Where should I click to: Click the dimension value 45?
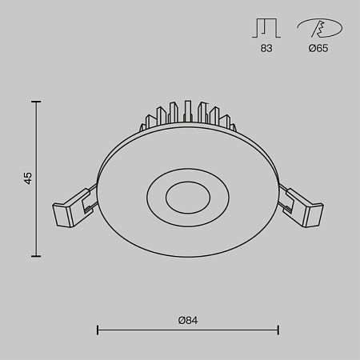[28, 178]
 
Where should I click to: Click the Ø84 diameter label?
[187, 320]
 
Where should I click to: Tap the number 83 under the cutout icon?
[266, 49]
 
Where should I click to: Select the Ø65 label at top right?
[318, 49]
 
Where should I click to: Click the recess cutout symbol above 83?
[266, 28]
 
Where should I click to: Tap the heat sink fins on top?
[187, 115]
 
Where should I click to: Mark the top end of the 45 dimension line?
[36, 102]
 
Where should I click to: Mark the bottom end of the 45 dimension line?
[36, 256]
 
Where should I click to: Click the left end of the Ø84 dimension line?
[97, 329]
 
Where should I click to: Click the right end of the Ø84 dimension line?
[278, 329]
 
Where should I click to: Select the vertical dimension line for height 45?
[36, 216]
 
